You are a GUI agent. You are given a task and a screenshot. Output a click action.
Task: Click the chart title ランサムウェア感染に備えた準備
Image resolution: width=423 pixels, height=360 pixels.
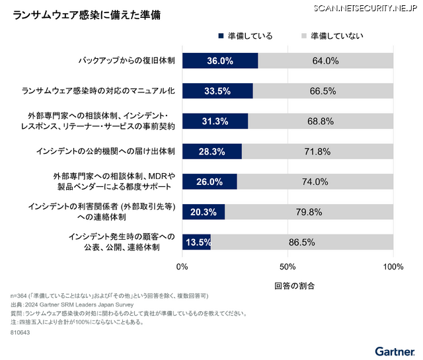pos(86,14)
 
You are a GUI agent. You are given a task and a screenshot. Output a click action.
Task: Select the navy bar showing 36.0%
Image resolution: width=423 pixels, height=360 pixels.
pos(220,61)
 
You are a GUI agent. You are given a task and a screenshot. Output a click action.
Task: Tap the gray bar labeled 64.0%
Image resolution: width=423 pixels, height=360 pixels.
pos(325,61)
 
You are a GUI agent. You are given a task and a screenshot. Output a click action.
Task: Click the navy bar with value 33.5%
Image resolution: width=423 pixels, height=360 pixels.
pos(217,91)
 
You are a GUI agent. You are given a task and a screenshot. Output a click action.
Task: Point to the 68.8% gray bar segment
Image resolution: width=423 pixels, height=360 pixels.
pos(321,121)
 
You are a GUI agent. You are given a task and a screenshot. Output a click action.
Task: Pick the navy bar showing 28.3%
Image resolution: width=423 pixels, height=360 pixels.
pos(212,151)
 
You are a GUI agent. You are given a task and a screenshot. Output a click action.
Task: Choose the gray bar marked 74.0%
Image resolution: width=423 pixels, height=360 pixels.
pos(315,182)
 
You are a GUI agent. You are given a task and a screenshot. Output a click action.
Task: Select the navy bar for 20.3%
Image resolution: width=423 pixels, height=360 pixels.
pos(204,212)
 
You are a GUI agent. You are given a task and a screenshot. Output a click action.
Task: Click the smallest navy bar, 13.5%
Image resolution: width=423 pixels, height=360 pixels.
pos(196,242)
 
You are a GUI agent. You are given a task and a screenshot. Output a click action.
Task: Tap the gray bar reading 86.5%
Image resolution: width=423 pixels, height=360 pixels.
pos(302,242)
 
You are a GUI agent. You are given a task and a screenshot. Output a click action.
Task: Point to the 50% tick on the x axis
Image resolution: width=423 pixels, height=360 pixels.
pos(288,267)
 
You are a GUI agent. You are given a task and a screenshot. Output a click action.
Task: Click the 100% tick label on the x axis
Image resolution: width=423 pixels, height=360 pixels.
pos(393,267)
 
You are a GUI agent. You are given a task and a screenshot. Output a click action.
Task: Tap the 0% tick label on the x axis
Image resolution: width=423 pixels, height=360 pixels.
pos(183,267)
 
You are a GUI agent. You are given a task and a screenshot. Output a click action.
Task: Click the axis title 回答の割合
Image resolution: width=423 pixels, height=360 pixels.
pos(288,286)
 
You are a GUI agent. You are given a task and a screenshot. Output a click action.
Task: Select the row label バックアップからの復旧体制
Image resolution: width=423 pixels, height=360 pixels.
pos(126,61)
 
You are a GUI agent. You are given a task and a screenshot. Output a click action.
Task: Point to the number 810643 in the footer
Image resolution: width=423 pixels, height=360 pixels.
pos(21,334)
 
